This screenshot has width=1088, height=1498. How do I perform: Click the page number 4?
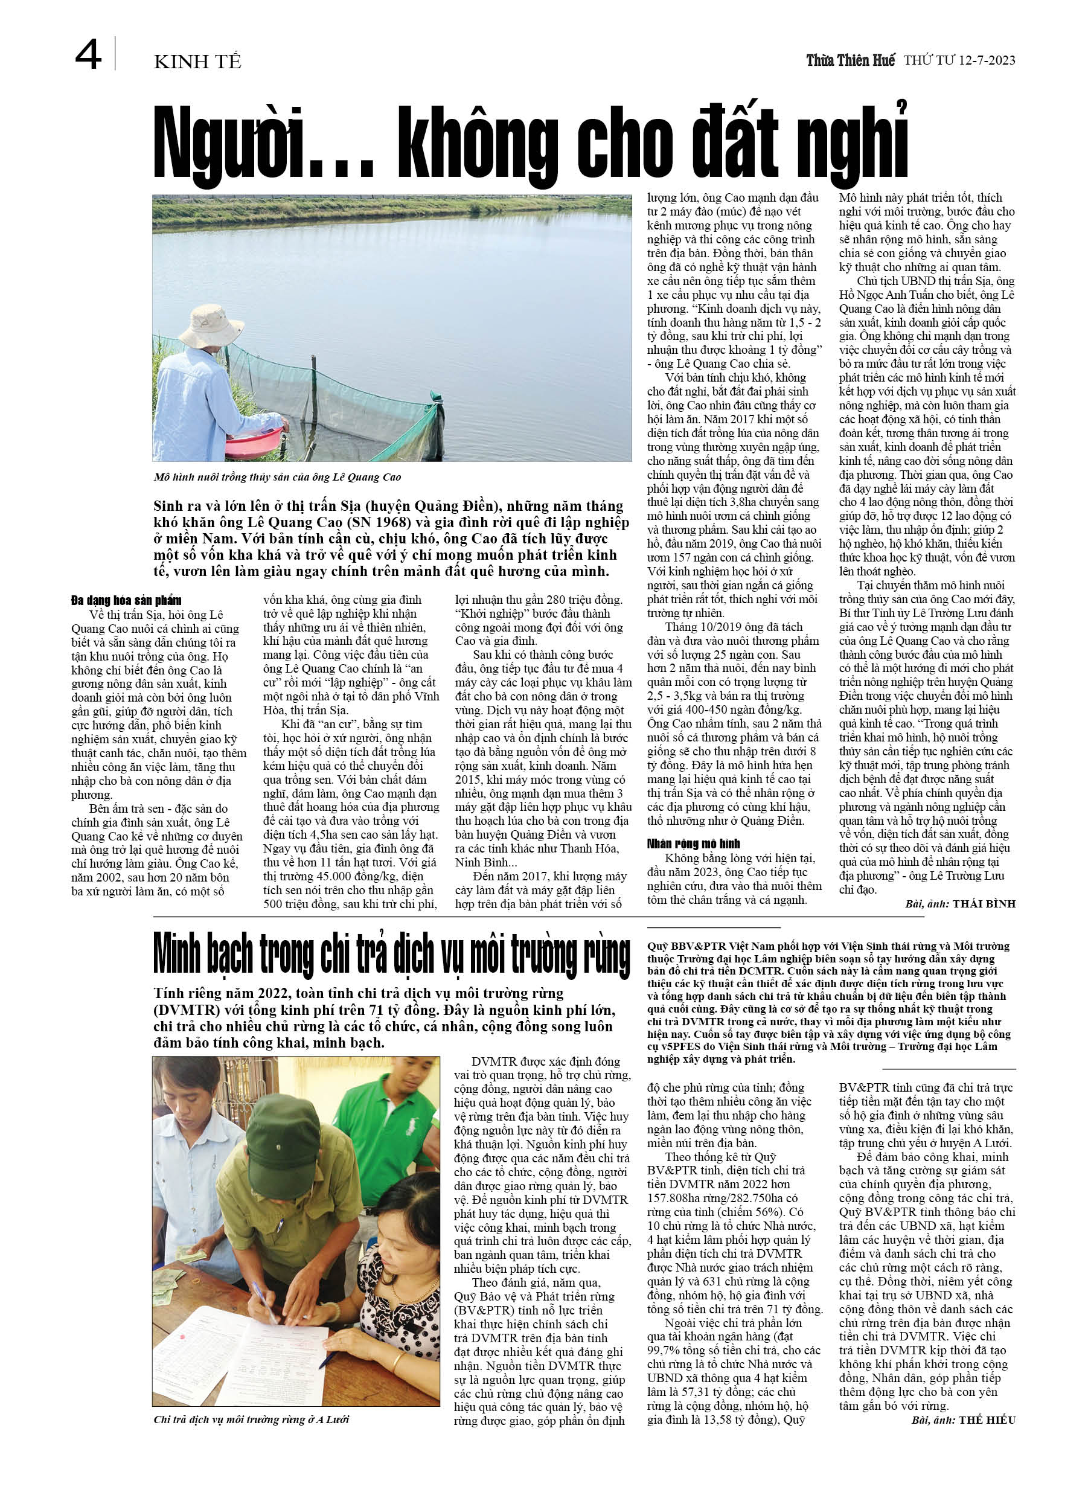point(88,54)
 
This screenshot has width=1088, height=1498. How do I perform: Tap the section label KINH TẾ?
point(197,62)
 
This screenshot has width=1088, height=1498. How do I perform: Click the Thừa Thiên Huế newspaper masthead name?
point(850,60)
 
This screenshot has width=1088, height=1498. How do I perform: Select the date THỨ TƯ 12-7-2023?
point(959,60)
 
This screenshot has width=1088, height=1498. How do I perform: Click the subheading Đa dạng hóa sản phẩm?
point(126,600)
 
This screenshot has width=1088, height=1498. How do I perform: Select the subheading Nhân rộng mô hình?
point(694,843)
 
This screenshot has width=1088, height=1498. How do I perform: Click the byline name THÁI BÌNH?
point(984,903)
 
